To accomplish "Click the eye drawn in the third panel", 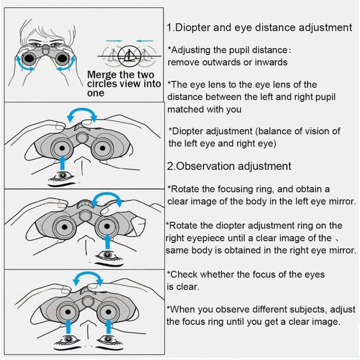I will [x=106, y=255].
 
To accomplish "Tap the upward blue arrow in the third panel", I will [x=106, y=241].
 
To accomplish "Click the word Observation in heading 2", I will [x=205, y=166].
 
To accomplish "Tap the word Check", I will [x=184, y=275].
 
